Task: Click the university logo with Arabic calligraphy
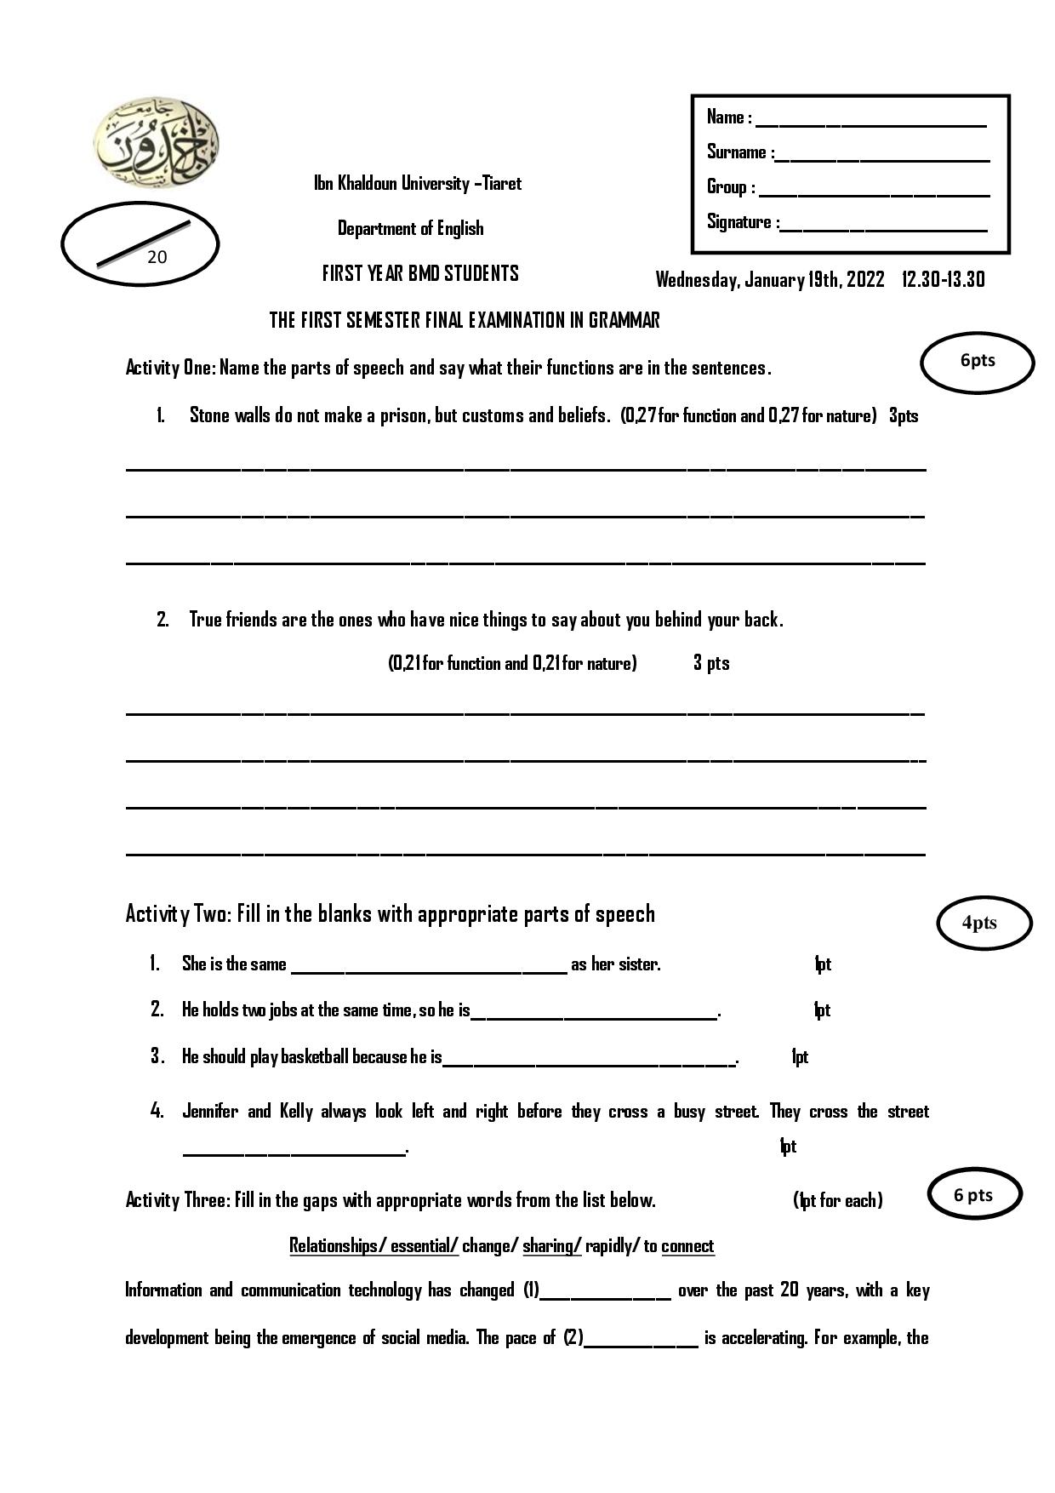(x=157, y=142)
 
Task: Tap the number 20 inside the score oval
(x=157, y=257)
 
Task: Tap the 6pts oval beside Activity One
(x=978, y=361)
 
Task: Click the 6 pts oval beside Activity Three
(x=973, y=1195)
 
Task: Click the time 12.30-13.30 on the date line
(x=943, y=279)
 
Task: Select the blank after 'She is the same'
(x=429, y=968)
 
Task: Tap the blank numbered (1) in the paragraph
(x=606, y=1295)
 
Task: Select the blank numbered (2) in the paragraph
(x=642, y=1342)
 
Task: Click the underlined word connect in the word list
(x=687, y=1246)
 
